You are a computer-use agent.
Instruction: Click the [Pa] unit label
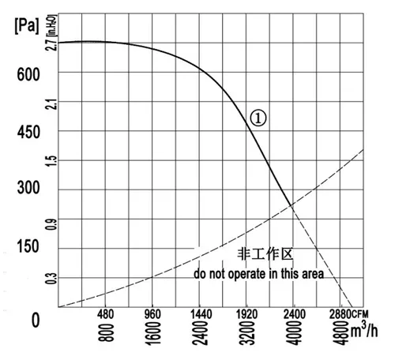(x=27, y=26)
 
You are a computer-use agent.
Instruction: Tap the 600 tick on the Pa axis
(x=28, y=74)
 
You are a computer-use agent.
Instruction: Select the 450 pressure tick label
(x=28, y=132)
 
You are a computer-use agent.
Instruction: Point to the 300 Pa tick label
(x=28, y=187)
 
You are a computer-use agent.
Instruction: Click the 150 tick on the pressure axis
(x=28, y=246)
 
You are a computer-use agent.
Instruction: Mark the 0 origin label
(x=36, y=321)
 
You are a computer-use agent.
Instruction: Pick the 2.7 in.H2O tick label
(x=51, y=45)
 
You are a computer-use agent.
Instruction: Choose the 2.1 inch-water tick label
(x=51, y=104)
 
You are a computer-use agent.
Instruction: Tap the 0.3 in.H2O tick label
(x=51, y=279)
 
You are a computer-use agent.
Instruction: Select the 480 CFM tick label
(x=106, y=314)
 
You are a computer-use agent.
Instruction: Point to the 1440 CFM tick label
(x=201, y=314)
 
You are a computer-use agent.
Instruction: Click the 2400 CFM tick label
(x=295, y=314)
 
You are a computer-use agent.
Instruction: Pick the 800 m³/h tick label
(x=107, y=332)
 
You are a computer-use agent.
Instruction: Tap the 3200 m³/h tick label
(x=247, y=332)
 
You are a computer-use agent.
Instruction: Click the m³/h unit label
(x=364, y=330)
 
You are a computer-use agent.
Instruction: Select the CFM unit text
(x=360, y=314)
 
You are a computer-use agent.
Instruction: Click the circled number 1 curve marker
(x=258, y=118)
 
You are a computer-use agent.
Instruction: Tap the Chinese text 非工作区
(x=265, y=254)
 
